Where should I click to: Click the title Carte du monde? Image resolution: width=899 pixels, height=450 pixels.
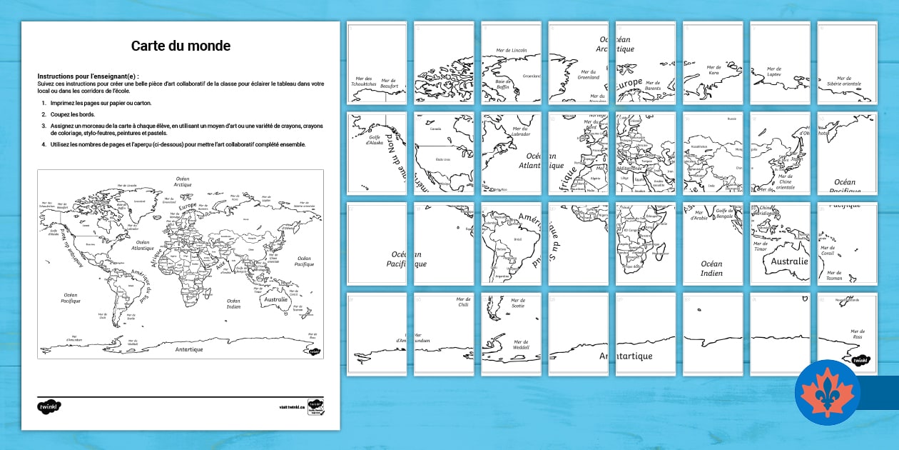pos(181,46)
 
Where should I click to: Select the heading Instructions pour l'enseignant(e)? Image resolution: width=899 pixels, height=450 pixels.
pos(88,76)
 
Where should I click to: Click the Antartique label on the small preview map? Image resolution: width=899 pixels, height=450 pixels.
pos(189,349)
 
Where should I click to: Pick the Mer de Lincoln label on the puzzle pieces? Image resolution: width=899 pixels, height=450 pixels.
pos(511,51)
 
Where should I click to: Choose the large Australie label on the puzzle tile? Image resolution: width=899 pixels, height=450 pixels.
pos(789,261)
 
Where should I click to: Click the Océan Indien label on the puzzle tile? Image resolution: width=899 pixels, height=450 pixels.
pos(711,269)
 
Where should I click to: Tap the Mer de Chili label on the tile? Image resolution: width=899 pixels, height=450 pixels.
pos(463,302)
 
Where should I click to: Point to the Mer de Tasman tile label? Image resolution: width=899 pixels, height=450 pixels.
pos(833,276)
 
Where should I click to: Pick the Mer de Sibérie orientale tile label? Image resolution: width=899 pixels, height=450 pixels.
pos(844,81)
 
